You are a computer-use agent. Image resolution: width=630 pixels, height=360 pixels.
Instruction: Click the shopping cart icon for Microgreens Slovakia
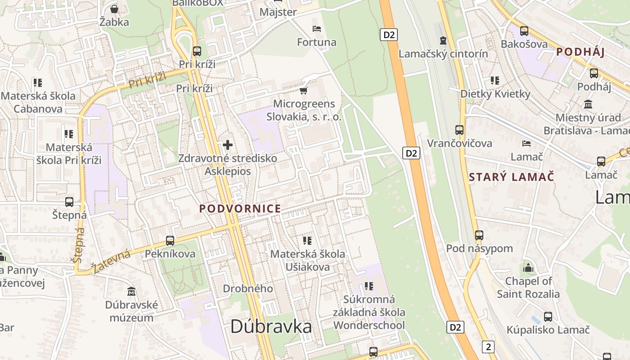coord(304,90)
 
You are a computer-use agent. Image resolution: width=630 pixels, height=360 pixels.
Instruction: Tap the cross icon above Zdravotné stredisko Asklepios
coord(228,145)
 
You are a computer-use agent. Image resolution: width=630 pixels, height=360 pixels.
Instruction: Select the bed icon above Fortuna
coord(317,29)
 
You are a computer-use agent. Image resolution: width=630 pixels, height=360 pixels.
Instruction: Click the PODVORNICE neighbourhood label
coord(240,209)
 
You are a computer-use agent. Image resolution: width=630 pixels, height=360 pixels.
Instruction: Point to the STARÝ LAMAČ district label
coord(512,177)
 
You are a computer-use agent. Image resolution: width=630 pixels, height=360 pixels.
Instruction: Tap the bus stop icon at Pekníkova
coord(170,241)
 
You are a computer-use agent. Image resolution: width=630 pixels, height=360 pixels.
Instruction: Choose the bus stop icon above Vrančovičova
coord(459,130)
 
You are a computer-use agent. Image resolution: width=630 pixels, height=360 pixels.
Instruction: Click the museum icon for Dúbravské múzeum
coord(131,292)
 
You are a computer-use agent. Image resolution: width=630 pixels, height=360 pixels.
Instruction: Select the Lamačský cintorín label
coord(443,54)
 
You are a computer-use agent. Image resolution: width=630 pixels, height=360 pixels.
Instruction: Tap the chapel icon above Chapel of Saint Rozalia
coord(528,268)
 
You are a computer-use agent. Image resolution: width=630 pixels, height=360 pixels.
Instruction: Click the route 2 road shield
coord(488,346)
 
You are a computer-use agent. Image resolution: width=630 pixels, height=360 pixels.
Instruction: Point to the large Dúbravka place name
coord(271,327)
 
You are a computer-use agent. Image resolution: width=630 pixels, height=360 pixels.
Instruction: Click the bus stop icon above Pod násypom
coord(479,235)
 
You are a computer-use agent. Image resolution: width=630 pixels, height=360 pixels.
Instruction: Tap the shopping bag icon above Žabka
coord(114,9)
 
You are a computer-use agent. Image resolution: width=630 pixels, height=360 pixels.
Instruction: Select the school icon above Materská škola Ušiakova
coord(307,241)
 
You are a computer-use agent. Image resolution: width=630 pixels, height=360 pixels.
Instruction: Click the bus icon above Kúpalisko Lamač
coord(548,316)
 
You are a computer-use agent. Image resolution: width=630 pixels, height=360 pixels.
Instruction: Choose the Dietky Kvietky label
coord(495,94)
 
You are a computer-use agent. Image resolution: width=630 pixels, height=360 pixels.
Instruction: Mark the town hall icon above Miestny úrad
coord(588,104)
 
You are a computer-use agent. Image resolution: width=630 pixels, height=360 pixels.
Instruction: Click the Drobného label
coord(248,288)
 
